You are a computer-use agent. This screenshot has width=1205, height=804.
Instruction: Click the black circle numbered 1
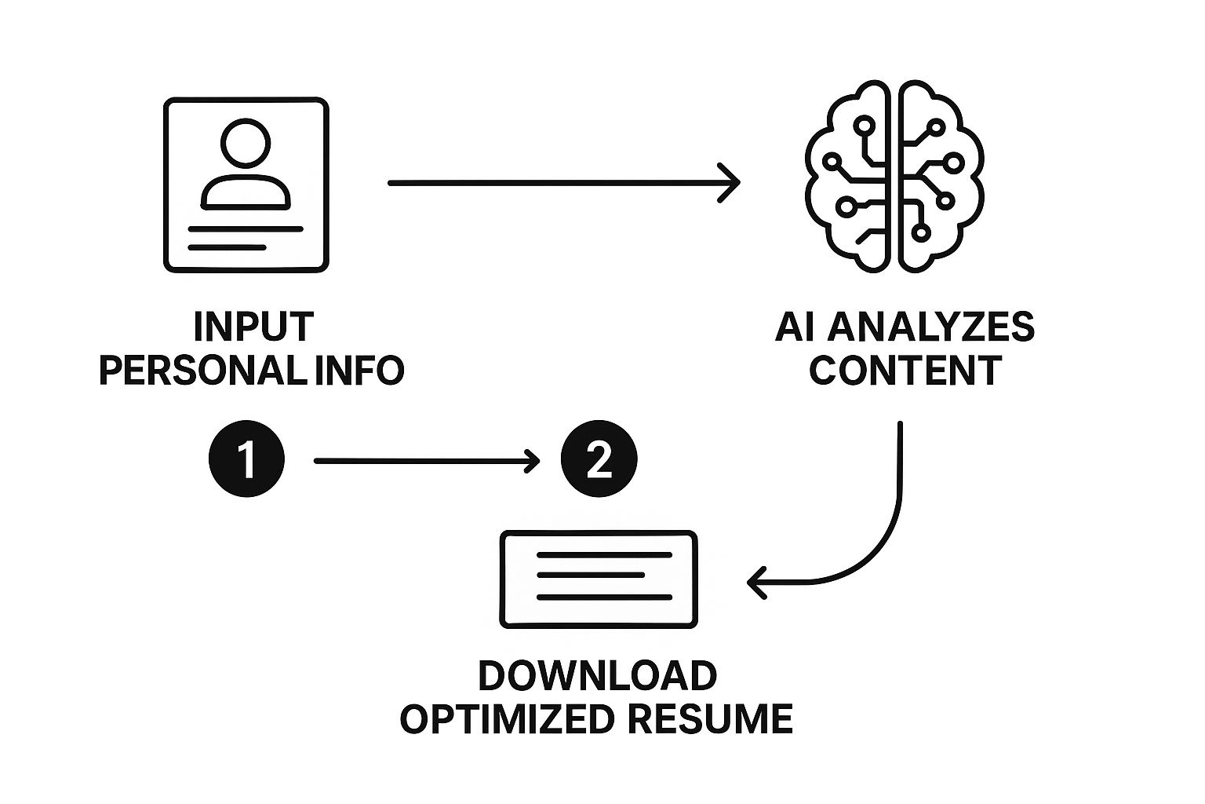click(246, 460)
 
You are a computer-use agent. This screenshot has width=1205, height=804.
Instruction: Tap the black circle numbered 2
click(599, 460)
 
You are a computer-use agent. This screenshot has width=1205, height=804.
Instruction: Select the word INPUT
click(253, 327)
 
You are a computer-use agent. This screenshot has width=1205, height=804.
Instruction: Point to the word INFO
click(359, 370)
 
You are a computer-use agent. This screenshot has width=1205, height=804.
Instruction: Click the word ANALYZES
click(930, 327)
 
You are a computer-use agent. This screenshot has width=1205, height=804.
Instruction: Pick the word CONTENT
click(905, 370)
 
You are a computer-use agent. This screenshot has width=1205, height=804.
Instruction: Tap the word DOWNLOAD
click(597, 676)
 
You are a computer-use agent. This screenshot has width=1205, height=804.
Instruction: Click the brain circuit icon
click(895, 177)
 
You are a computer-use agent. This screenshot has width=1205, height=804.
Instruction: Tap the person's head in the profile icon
click(246, 143)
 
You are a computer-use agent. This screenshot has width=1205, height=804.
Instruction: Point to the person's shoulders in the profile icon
click(246, 193)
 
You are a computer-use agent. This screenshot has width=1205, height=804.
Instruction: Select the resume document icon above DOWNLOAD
click(599, 579)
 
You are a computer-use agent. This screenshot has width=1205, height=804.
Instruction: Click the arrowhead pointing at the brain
click(731, 183)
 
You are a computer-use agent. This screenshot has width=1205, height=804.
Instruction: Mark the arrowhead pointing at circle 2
click(533, 461)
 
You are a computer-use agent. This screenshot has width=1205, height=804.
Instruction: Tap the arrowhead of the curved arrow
click(756, 583)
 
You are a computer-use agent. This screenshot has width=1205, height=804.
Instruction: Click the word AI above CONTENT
click(794, 327)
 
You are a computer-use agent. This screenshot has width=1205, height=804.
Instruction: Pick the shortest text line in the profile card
click(227, 247)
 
